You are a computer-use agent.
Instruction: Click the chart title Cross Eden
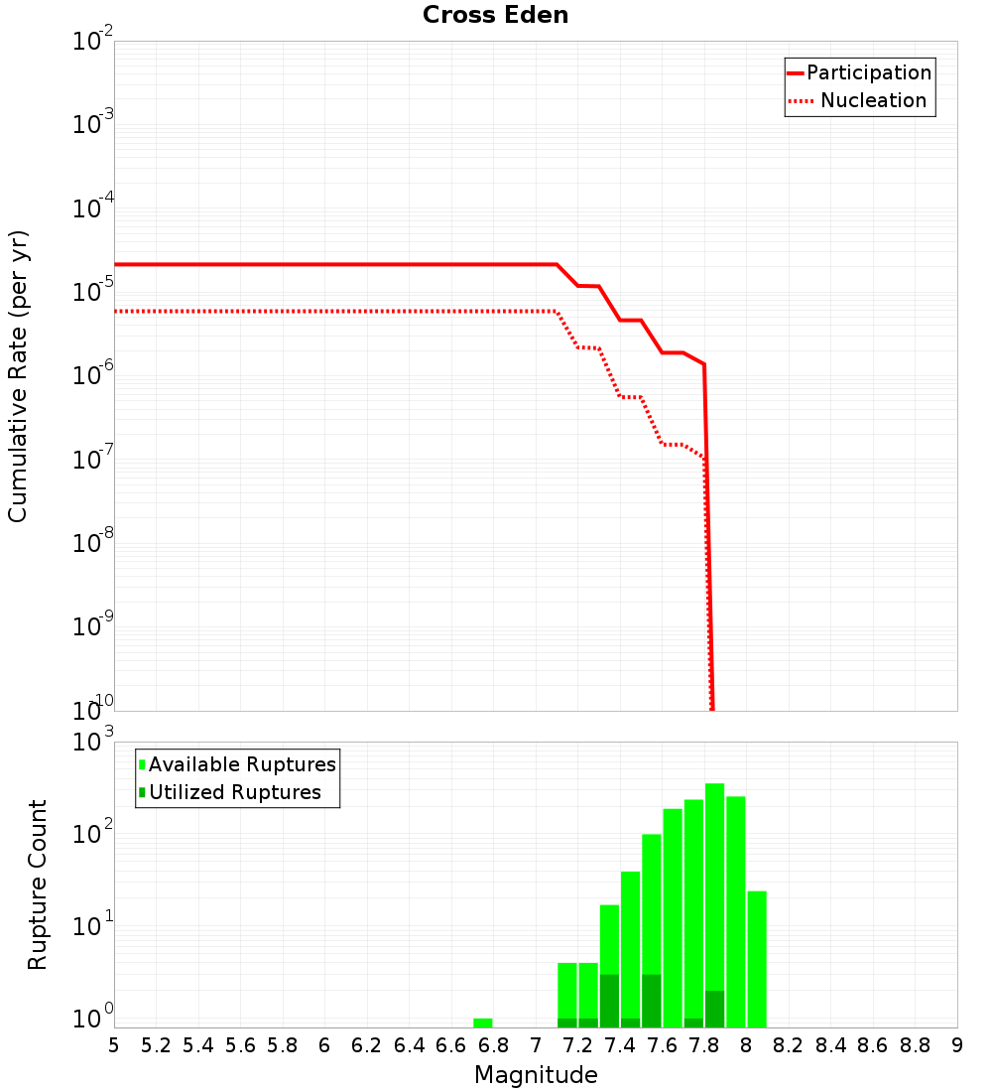tap(495, 15)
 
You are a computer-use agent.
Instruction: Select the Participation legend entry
tap(868, 72)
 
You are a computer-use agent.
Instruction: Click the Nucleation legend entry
tap(872, 100)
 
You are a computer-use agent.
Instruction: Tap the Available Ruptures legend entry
tap(241, 764)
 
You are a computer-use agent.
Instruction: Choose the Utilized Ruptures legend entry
tap(234, 792)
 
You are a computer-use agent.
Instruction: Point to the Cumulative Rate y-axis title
tap(18, 375)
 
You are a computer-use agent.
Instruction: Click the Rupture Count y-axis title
tap(37, 884)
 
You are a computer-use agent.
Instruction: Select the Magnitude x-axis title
tap(536, 1075)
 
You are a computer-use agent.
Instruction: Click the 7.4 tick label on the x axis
tap(620, 1045)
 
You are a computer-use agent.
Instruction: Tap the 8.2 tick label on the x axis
tap(789, 1045)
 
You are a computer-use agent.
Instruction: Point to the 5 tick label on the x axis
tap(114, 1045)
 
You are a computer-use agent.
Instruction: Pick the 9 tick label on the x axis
tap(957, 1045)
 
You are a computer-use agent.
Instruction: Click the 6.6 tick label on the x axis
tap(451, 1045)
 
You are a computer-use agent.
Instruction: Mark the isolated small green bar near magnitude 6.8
tap(483, 1023)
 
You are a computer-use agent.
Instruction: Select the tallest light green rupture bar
tap(714, 903)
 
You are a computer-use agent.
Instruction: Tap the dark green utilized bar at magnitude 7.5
tap(652, 1001)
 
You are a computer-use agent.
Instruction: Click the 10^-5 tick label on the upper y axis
tap(92, 293)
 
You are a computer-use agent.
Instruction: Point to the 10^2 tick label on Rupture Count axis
tap(92, 835)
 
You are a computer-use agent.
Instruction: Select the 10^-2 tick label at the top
tap(92, 42)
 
